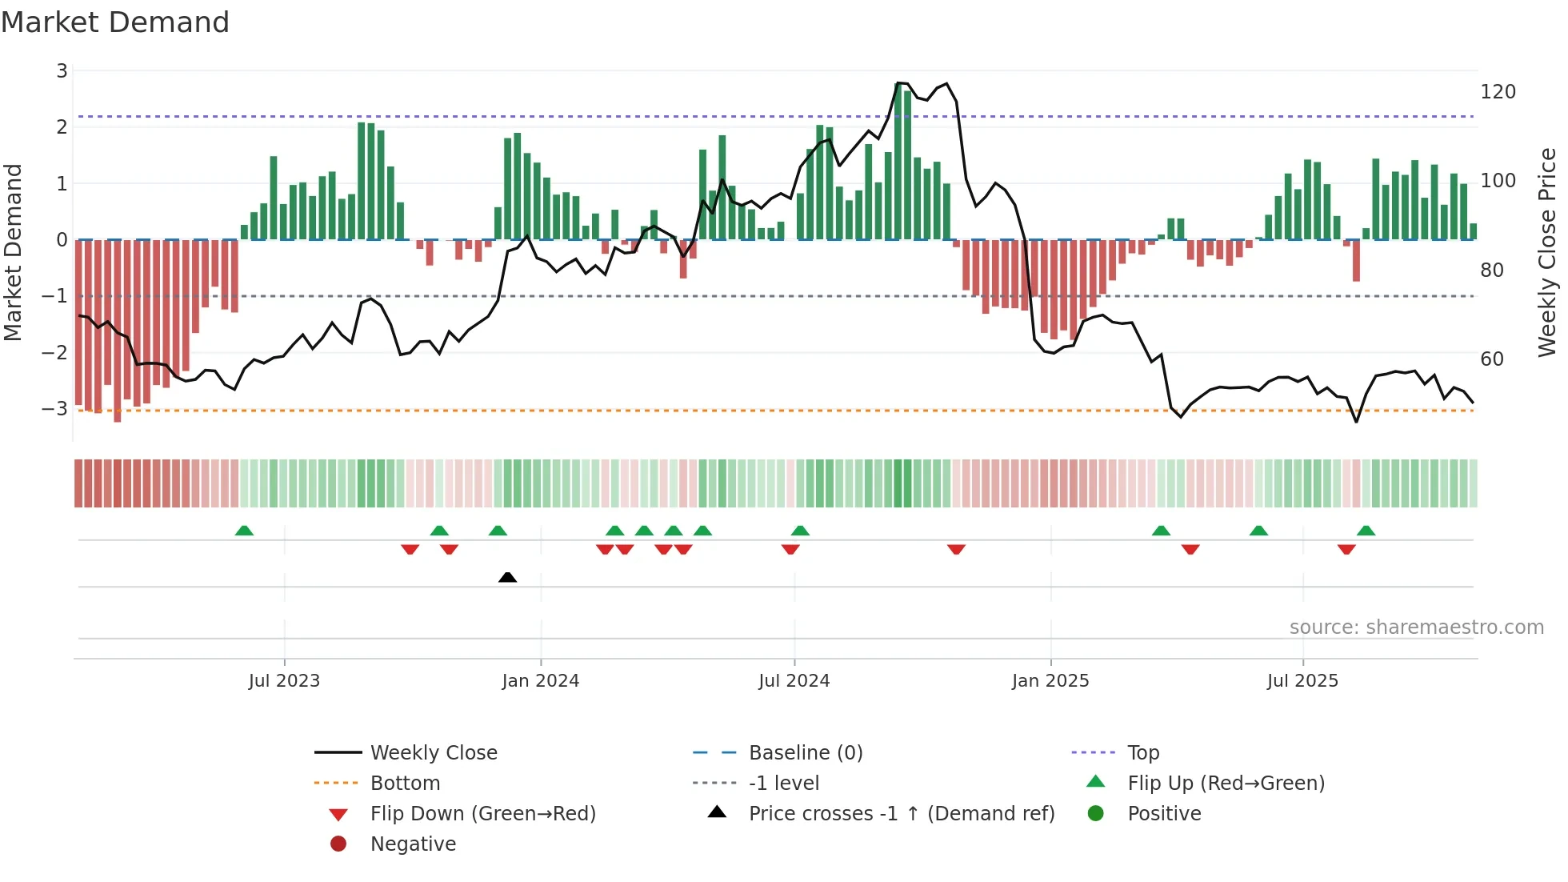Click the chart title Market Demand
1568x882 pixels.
pyautogui.click(x=115, y=22)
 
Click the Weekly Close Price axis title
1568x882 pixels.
pyautogui.click(x=1547, y=252)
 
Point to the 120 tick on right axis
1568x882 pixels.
pyautogui.click(x=1498, y=92)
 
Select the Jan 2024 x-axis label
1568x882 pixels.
pyautogui.click(x=540, y=681)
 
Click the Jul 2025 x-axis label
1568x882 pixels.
pyautogui.click(x=1302, y=681)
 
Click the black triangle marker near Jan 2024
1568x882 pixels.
pyautogui.click(x=507, y=577)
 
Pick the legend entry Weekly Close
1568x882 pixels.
pyautogui.click(x=433, y=753)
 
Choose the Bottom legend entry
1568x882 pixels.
pyautogui.click(x=405, y=784)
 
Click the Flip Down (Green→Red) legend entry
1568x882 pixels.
pyautogui.click(x=482, y=814)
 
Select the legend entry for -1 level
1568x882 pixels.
pyautogui.click(x=783, y=784)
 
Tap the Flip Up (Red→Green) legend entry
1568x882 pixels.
pyautogui.click(x=1226, y=784)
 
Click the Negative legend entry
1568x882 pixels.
pyautogui.click(x=413, y=844)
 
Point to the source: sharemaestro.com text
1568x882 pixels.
pyautogui.click(x=1416, y=627)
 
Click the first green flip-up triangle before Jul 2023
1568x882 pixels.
pyautogui.click(x=244, y=531)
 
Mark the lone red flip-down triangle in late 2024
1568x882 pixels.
pyautogui.click(x=956, y=549)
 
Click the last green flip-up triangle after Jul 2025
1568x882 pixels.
pyautogui.click(x=1366, y=531)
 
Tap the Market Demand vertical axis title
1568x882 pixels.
pyautogui.click(x=13, y=252)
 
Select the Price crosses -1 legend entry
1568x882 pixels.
pyautogui.click(x=901, y=814)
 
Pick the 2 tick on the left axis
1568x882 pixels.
pyautogui.click(x=62, y=127)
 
